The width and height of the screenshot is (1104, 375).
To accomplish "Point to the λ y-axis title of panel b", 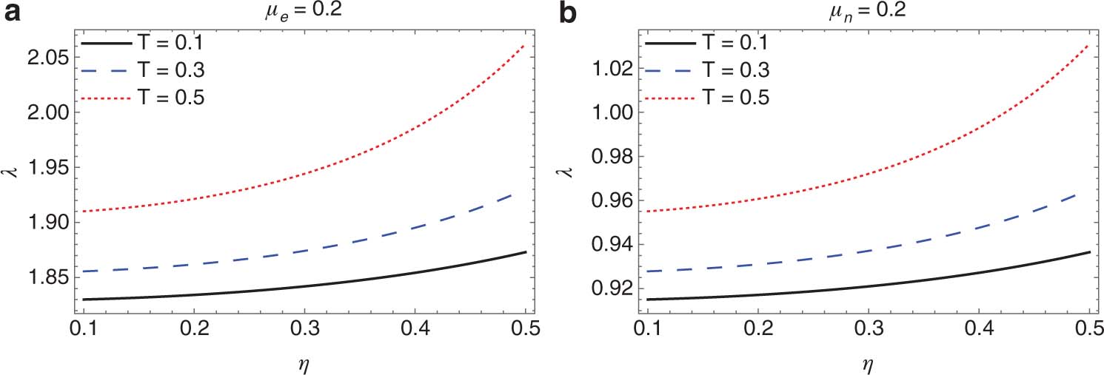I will click(x=560, y=172).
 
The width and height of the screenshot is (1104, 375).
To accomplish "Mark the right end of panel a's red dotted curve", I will click(x=526, y=44).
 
